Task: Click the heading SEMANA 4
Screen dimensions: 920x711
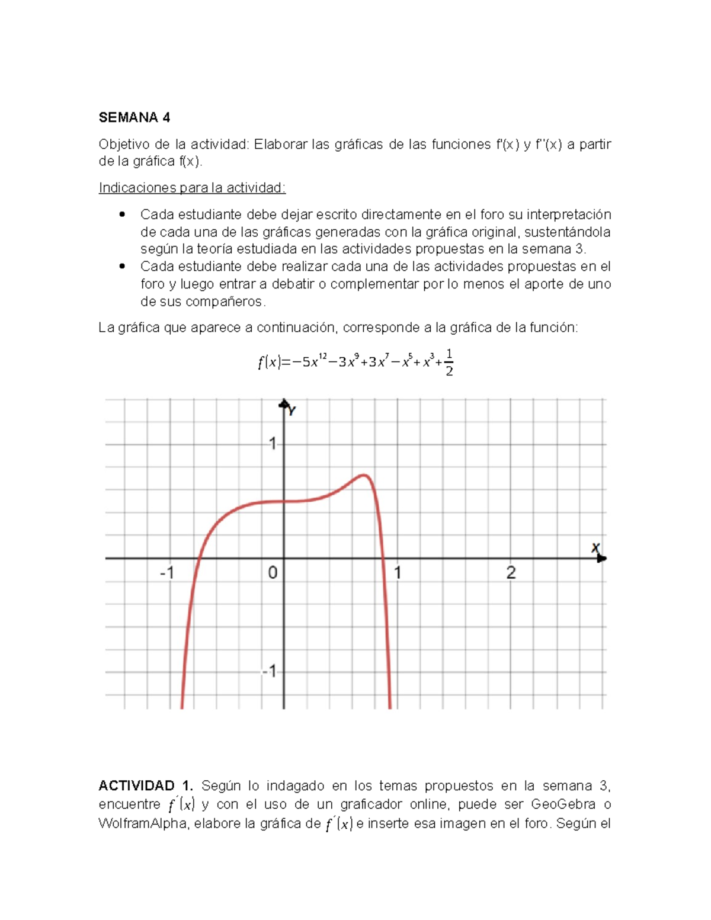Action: coord(134,117)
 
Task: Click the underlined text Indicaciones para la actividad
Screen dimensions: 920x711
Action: coord(192,188)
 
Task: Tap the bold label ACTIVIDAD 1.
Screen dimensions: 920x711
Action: coord(146,786)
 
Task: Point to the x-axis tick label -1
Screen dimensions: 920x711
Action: coord(167,573)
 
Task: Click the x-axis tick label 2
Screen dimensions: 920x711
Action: coord(511,573)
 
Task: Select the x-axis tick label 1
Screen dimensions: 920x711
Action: coord(398,573)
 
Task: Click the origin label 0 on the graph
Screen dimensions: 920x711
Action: coord(273,573)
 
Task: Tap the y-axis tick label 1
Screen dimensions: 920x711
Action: coord(273,443)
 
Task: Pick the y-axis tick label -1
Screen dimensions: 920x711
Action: coord(269,671)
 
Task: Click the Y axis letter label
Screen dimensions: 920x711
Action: coord(292,411)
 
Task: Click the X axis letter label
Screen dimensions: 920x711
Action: coord(595,548)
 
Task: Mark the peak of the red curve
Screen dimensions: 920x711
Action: coord(364,475)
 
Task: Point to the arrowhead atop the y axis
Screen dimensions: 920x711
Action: coord(284,404)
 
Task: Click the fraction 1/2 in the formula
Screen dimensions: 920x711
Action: coord(449,363)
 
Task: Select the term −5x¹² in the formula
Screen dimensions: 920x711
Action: coord(308,361)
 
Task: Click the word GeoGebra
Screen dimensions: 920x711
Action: coord(563,804)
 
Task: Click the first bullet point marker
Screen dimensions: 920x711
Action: coord(123,214)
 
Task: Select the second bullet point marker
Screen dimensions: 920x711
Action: coord(123,267)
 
